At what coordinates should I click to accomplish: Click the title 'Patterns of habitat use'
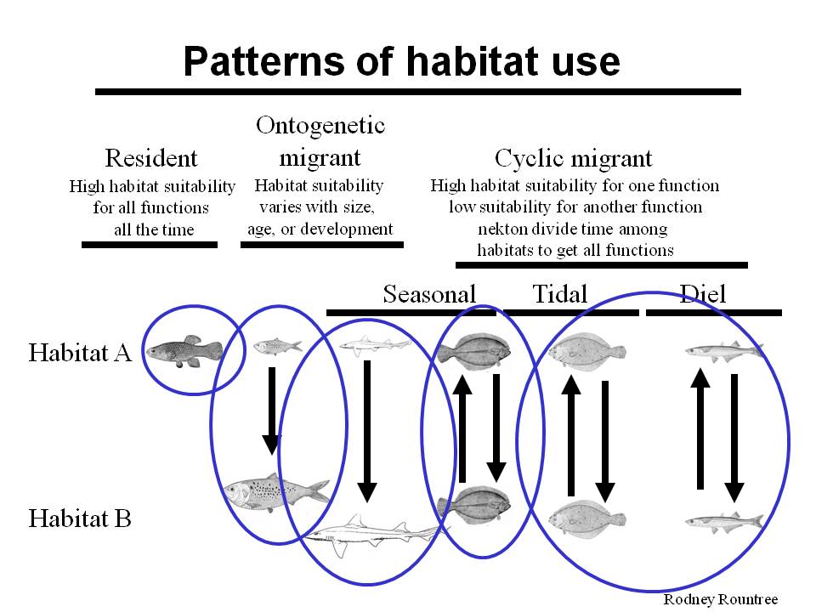(401, 61)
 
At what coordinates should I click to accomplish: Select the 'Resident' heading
(151, 158)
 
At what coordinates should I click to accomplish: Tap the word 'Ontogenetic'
(320, 126)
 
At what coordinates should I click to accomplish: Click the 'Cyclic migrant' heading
(573, 158)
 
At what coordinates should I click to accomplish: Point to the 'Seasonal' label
(429, 294)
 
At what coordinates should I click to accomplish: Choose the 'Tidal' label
(559, 294)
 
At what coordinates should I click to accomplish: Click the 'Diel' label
(703, 294)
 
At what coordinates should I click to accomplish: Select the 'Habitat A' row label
(80, 352)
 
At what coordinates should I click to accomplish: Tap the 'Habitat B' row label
(80, 518)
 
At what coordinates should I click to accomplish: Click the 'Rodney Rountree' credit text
(720, 599)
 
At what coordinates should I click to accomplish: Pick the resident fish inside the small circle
(184, 351)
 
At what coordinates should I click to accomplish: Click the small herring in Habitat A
(277, 346)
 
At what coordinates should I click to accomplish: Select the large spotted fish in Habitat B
(276, 492)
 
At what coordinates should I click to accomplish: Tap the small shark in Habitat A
(375, 345)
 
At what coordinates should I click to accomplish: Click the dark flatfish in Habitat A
(474, 351)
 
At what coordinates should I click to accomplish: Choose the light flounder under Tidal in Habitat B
(587, 518)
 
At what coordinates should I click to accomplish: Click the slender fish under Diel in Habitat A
(724, 351)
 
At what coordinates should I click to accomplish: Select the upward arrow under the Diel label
(700, 428)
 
